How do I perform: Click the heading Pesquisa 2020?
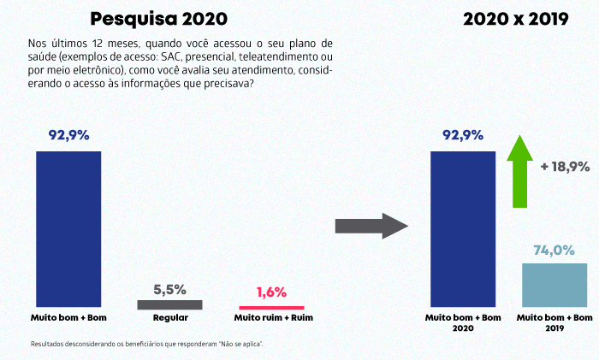click(160, 18)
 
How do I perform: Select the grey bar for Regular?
click(169, 304)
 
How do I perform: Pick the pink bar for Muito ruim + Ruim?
click(270, 307)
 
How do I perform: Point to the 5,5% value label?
click(169, 289)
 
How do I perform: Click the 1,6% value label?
click(270, 292)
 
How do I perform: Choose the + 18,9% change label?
click(565, 167)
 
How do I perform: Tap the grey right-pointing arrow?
click(369, 226)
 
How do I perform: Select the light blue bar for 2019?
click(555, 286)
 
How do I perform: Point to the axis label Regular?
click(169, 318)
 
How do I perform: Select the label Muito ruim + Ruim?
click(270, 318)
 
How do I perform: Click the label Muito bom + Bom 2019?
click(555, 322)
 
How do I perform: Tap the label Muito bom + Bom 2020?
click(462, 322)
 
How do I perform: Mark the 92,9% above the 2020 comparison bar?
click(463, 135)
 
